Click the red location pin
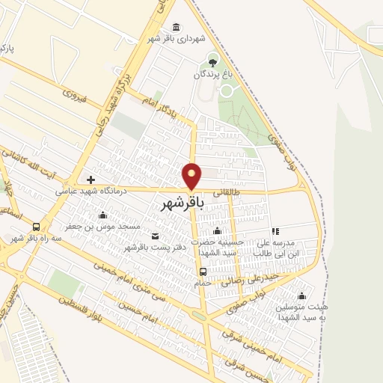coord(192,176)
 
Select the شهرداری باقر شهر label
coord(176,39)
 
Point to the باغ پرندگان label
coord(215,74)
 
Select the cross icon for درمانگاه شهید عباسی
coord(91,180)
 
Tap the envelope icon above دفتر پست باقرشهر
coord(155,236)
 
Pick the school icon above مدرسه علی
coord(275,232)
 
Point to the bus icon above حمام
coord(203,272)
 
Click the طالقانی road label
coord(227,191)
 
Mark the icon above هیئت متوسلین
coord(301,295)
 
